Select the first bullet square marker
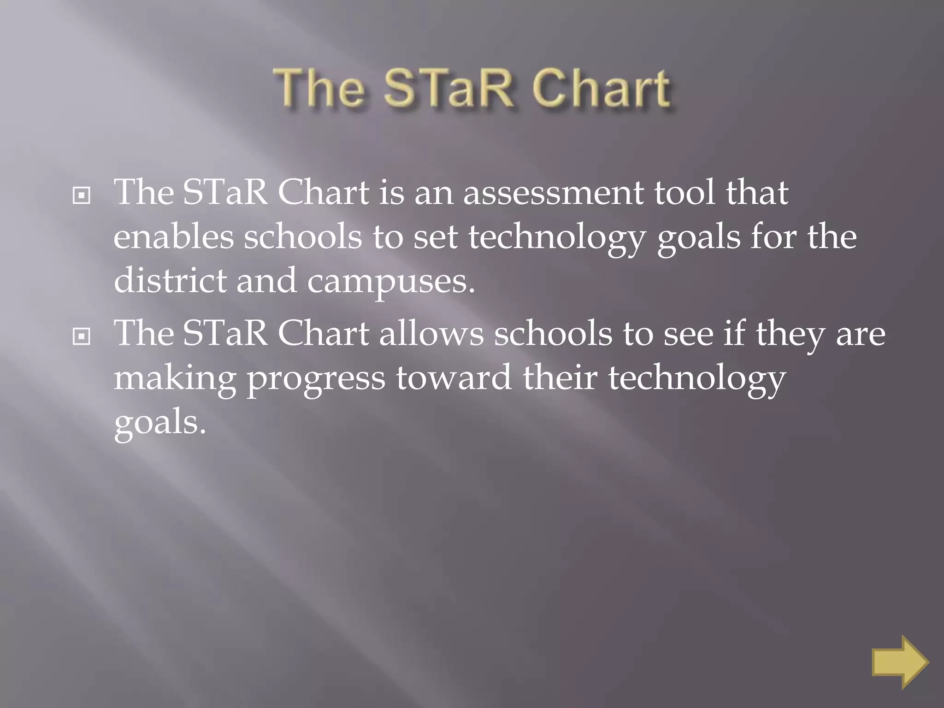82,196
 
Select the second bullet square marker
82,337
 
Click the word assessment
553,193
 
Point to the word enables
174,237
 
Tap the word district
170,281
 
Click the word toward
454,378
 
